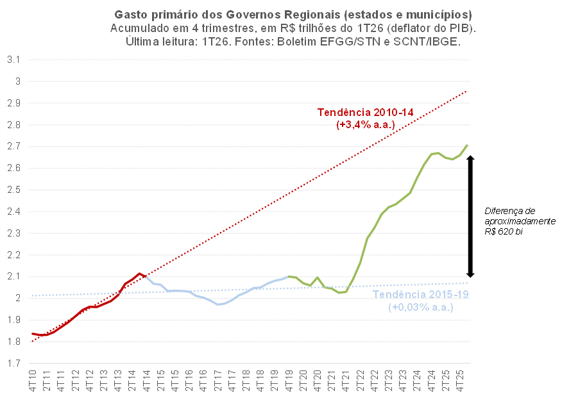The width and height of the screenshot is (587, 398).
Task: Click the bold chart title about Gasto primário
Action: [x=293, y=15]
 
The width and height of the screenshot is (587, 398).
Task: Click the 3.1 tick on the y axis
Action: [x=13, y=60]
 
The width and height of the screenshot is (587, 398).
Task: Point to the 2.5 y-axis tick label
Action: [x=13, y=190]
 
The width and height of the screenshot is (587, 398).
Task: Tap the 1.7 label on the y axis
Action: [x=13, y=363]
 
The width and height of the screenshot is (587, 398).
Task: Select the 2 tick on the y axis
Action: [x=17, y=298]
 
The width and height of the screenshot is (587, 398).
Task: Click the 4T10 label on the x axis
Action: [x=33, y=381]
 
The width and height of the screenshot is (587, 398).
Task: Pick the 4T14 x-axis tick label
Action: [x=146, y=381]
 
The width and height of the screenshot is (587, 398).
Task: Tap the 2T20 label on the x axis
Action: [x=303, y=381]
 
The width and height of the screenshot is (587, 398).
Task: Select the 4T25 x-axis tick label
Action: [x=459, y=381]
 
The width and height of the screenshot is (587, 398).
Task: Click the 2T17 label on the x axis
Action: [x=217, y=381]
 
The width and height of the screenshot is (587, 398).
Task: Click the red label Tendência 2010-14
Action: [x=366, y=112]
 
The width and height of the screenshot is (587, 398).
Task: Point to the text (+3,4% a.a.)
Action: [x=366, y=124]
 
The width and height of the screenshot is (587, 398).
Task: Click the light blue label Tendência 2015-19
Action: [x=420, y=294]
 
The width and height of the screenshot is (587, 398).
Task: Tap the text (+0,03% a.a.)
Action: [x=420, y=307]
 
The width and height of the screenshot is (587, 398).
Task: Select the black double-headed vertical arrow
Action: [x=471, y=216]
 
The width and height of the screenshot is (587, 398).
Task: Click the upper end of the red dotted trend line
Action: [x=466, y=91]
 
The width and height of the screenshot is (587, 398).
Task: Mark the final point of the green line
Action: [x=467, y=145]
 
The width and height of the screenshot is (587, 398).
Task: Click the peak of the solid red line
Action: [x=139, y=274]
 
